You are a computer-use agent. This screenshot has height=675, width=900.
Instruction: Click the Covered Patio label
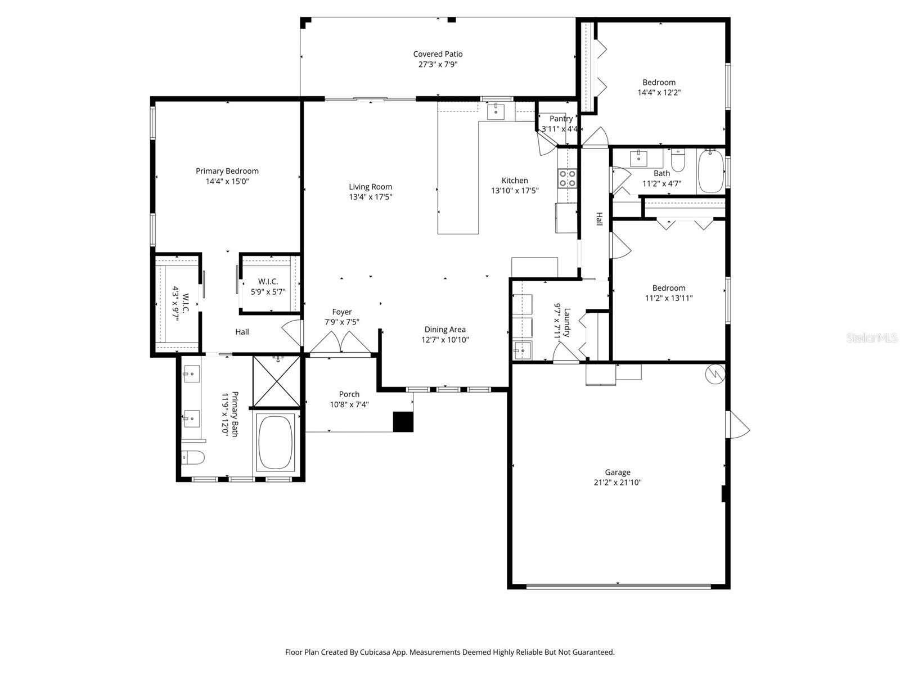438,54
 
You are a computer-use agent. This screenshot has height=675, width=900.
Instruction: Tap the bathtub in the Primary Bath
275,443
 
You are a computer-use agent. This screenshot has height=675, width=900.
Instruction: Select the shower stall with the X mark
276,381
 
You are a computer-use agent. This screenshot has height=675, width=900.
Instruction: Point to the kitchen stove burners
567,178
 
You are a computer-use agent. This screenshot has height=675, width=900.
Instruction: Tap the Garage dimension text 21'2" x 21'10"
617,483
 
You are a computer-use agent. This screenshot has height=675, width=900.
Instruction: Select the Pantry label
561,119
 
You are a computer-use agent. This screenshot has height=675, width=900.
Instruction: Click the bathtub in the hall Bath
711,171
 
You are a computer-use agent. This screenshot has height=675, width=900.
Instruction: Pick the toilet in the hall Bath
678,161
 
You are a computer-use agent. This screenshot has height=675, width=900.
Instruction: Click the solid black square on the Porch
403,422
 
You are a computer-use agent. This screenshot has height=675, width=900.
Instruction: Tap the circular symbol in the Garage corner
715,374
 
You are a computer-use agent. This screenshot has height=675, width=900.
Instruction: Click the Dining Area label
444,330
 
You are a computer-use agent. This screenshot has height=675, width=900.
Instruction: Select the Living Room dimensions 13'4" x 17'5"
370,197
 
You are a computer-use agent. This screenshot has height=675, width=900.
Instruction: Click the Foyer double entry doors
339,342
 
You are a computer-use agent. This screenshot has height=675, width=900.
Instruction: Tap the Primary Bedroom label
227,171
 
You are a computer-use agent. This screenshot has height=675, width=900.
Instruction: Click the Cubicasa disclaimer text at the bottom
449,652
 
